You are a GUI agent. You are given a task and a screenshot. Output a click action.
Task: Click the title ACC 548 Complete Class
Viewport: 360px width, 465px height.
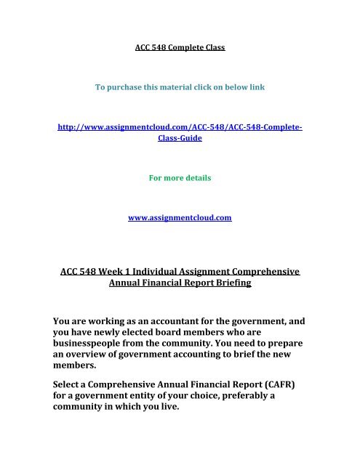pyautogui.click(x=180, y=49)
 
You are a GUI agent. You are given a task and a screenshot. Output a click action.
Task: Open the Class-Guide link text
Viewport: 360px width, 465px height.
pyautogui.click(x=180, y=138)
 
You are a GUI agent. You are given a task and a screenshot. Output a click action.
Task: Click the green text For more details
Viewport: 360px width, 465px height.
pyautogui.click(x=180, y=177)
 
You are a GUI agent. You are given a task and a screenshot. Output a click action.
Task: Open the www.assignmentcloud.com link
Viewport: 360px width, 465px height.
pyautogui.click(x=180, y=216)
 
